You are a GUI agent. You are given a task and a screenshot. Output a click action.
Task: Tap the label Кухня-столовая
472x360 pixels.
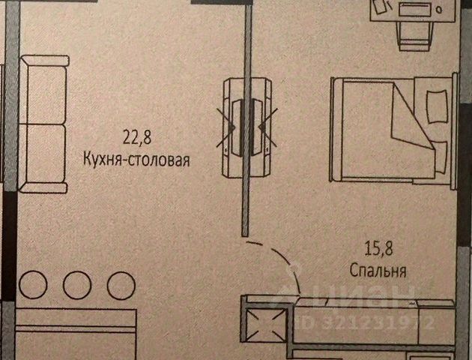[x=136, y=159]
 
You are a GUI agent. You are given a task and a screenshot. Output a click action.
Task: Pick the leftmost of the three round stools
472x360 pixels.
[x=33, y=285]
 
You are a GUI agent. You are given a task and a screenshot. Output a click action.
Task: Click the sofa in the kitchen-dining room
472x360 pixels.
[x=43, y=123]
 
